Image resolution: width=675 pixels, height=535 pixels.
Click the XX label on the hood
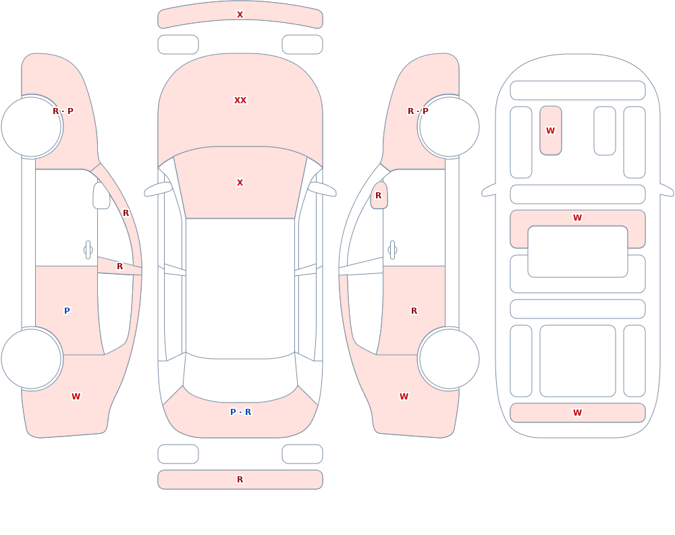[x=240, y=101]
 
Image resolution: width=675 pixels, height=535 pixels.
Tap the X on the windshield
[x=240, y=183]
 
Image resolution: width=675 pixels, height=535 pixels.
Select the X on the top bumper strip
[x=240, y=15]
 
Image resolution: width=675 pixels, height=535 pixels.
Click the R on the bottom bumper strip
[x=240, y=480]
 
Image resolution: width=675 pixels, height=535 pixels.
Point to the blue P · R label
[x=241, y=412]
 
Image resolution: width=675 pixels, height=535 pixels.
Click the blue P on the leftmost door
[x=67, y=311]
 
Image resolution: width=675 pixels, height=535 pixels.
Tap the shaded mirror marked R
[x=379, y=196]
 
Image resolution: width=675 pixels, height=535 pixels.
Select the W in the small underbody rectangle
[x=551, y=130]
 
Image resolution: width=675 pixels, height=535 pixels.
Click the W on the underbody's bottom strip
[x=578, y=412]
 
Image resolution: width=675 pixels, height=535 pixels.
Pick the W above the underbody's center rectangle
[x=578, y=218]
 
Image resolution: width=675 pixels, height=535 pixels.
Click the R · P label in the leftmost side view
[x=63, y=111]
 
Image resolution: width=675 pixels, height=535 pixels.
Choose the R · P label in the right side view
[x=418, y=111]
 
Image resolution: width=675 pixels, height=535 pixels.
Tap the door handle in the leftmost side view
[x=88, y=250]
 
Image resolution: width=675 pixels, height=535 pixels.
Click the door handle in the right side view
[x=392, y=250]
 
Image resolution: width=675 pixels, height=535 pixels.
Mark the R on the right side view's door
[x=414, y=311]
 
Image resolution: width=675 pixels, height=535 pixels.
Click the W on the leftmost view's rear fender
[x=76, y=397]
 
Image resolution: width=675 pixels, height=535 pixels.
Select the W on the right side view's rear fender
[x=404, y=397]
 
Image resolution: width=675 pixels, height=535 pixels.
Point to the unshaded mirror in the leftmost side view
[x=101, y=196]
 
